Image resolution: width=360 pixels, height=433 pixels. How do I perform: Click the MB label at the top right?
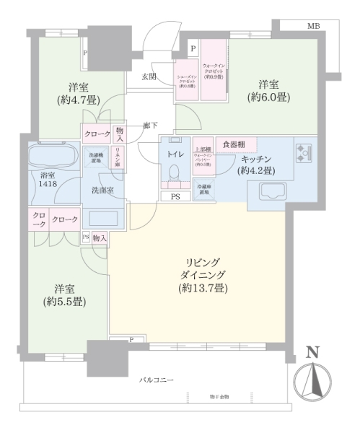[312, 27]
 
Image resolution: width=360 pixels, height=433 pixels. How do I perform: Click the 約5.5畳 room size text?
[65, 301]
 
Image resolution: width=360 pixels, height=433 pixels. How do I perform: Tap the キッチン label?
[256, 160]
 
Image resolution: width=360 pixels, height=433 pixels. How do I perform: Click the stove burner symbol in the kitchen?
[302, 152]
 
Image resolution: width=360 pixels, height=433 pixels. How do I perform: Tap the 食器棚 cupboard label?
[231, 144]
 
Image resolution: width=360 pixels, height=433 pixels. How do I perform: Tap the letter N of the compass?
[312, 352]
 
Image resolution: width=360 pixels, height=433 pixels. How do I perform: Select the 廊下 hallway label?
[150, 125]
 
